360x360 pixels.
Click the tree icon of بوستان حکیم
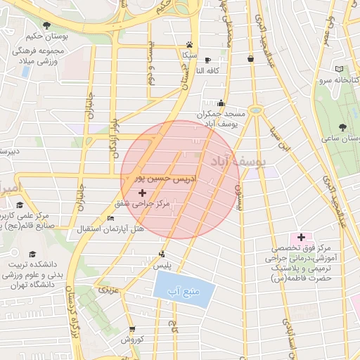pyautogui.click(x=46, y=26)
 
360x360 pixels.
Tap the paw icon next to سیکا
pyautogui.click(x=189, y=43)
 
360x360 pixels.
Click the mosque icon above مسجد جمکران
pyautogui.click(x=221, y=103)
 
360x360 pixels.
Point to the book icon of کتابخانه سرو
pyautogui.click(x=340, y=69)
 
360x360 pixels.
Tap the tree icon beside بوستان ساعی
pyautogui.click(x=342, y=127)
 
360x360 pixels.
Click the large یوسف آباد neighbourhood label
pyautogui.click(x=239, y=162)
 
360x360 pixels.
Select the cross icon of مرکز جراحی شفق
pyautogui.click(x=143, y=192)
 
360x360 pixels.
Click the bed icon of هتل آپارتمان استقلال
pyautogui.click(x=110, y=219)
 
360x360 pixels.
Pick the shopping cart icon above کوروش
pyautogui.click(x=131, y=328)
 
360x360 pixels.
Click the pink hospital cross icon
pyautogui.click(x=301, y=238)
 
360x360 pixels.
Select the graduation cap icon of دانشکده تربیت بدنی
pyautogui.click(x=32, y=253)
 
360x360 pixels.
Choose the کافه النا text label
pyautogui.click(x=189, y=70)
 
